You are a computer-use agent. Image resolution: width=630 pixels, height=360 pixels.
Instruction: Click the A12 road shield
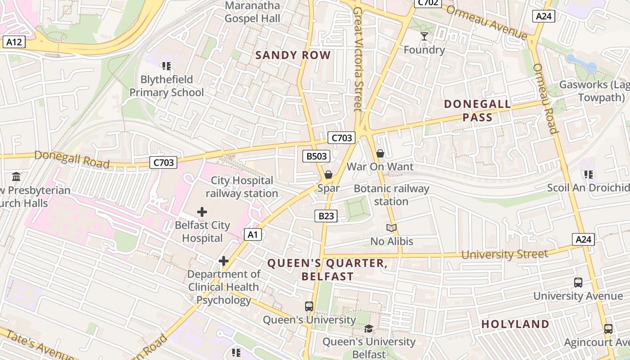(x=14, y=42)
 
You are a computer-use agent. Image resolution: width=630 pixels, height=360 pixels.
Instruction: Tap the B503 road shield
(x=316, y=156)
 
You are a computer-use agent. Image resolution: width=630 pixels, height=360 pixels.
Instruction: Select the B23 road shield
(x=326, y=216)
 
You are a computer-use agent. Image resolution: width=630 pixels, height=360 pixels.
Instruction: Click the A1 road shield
(x=253, y=234)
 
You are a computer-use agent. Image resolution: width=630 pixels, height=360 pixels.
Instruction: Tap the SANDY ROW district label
(x=293, y=55)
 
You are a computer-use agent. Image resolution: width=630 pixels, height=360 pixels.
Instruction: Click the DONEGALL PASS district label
(x=477, y=111)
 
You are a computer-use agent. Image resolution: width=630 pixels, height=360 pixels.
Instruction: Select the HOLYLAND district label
(x=515, y=324)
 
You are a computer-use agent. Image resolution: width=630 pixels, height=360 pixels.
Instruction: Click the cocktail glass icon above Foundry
(x=424, y=36)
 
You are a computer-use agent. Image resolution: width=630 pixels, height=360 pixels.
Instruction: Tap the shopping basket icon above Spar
(x=328, y=175)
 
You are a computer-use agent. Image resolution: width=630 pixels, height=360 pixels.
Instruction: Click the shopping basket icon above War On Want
(x=380, y=154)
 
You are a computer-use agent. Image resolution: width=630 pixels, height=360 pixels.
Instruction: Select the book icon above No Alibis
(x=391, y=228)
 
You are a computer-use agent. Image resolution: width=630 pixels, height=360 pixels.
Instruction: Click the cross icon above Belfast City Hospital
(x=202, y=211)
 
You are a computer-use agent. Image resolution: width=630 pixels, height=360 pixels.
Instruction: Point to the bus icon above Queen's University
(x=309, y=306)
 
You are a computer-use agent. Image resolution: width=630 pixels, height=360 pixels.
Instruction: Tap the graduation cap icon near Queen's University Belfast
(x=369, y=328)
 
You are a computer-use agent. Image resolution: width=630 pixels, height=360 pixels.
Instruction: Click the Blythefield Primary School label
(x=166, y=86)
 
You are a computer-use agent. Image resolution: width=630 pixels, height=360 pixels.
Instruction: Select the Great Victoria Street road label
(x=358, y=58)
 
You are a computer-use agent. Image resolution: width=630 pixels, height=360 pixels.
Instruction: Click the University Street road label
(x=504, y=254)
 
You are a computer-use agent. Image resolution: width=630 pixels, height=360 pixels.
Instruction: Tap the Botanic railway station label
(x=391, y=194)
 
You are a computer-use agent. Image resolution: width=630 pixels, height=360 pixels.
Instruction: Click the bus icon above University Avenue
(x=578, y=283)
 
